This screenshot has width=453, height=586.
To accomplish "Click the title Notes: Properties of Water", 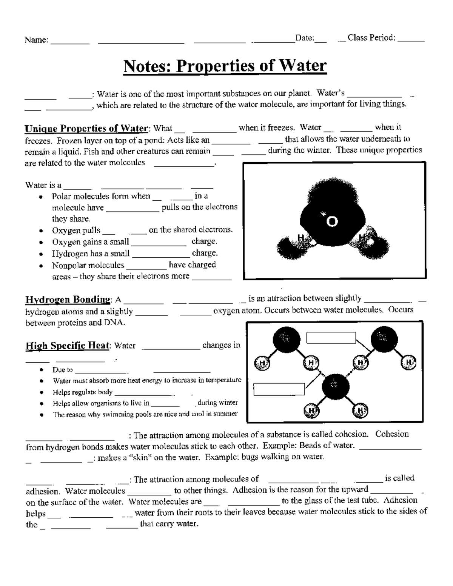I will (225, 66).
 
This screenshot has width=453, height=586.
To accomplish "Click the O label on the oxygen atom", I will (332, 222).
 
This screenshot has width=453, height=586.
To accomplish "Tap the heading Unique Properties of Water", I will (86, 129).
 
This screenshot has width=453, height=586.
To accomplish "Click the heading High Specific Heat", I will (68, 346).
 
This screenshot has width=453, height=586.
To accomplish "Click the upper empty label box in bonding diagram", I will (331, 338).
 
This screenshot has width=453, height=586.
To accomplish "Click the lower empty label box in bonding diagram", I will (279, 389).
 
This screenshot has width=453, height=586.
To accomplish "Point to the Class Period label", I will (371, 38).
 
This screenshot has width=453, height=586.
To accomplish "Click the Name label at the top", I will (36, 40).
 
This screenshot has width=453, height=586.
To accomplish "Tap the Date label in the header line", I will (304, 38).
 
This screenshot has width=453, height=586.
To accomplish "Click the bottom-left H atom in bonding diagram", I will (311, 410).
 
